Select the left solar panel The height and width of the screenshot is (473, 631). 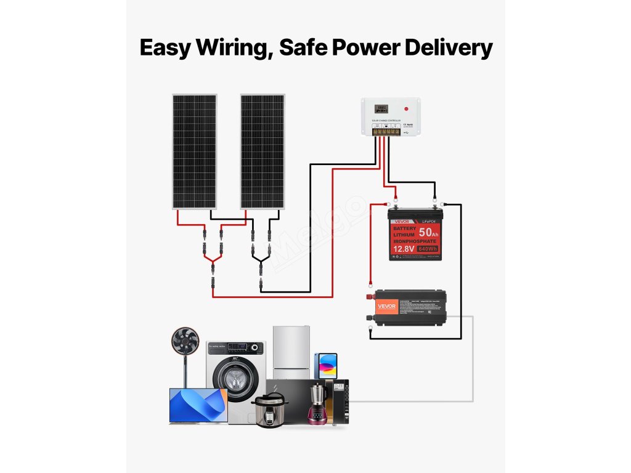click(x=194, y=152)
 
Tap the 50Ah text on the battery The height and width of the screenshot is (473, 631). click(x=429, y=233)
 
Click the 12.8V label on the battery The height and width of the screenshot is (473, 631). click(x=404, y=249)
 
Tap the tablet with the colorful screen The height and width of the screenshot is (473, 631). click(x=326, y=365)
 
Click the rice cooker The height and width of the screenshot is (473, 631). click(x=270, y=409)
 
